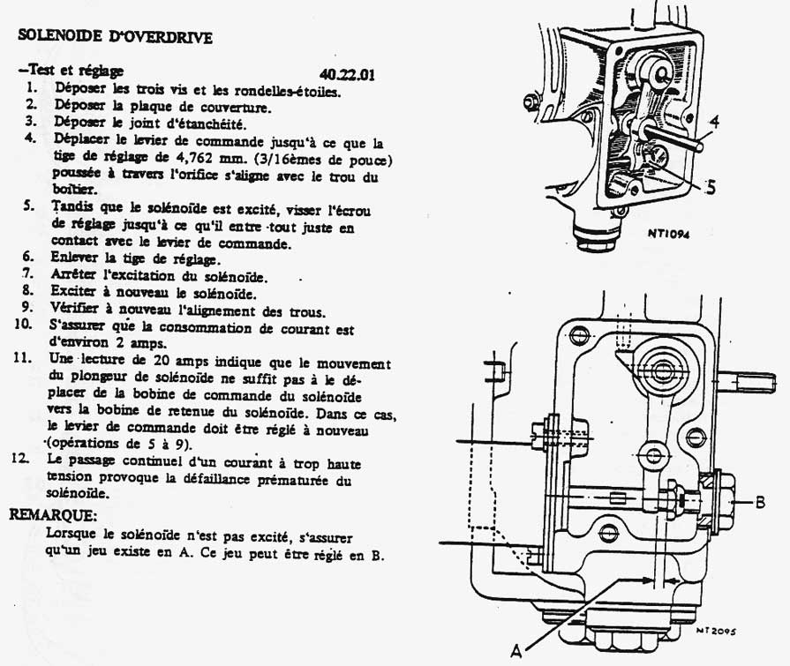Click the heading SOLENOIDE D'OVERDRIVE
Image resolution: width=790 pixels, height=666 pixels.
coord(115,36)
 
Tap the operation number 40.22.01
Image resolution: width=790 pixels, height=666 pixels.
coord(347,74)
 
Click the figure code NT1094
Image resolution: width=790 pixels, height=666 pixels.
coord(668,233)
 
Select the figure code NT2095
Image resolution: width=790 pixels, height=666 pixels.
coord(716,630)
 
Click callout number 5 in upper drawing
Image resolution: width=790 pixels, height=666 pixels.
coord(711,188)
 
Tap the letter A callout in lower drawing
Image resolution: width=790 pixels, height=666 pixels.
coord(515,651)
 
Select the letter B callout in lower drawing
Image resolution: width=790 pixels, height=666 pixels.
coord(760,502)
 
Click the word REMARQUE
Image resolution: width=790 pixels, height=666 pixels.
coord(53,515)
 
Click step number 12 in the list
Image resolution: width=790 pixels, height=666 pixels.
coord(22,459)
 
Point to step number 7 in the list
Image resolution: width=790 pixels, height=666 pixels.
coord(28,273)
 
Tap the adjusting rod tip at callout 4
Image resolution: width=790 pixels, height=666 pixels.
coord(699,146)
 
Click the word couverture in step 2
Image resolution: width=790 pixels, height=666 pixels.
coord(236,108)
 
